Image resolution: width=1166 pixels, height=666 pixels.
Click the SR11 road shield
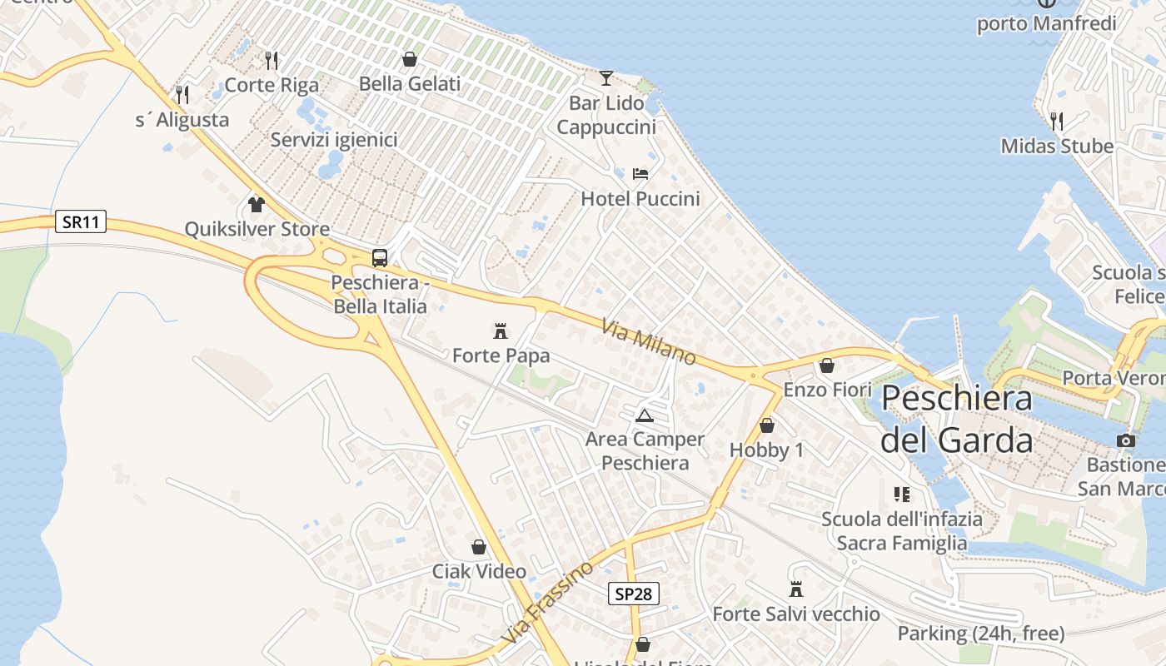coord(82,221)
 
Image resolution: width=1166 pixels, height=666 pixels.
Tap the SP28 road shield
coord(633,594)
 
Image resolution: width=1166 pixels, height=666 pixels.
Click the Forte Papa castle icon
coord(501,331)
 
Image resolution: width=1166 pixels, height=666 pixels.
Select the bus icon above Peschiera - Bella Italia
coord(380,257)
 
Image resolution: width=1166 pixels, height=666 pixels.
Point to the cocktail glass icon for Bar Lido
coord(606,78)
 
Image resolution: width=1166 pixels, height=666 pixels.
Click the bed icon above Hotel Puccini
coord(640,174)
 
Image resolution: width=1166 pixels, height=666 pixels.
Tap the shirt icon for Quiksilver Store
coord(257,204)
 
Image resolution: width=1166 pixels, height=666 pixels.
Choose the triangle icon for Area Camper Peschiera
coord(644,415)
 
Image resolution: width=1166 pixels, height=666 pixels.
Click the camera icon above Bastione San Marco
coord(1126,440)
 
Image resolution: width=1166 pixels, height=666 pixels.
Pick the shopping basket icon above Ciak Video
coord(479,547)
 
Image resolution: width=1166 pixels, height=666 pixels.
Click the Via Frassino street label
coord(548,602)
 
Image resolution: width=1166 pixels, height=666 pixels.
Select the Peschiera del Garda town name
coord(957,419)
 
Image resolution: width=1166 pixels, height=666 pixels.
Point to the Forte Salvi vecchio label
coord(795,614)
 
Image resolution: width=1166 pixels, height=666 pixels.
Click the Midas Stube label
coord(1057,147)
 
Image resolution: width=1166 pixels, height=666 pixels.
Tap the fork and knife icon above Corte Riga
coord(272,60)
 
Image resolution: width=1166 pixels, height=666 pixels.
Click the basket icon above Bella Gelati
coord(410,59)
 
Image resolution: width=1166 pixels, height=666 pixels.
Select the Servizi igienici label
coord(333,140)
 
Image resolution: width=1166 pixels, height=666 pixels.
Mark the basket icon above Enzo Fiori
coord(827,365)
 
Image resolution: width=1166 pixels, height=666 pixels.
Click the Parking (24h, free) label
coord(980,634)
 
